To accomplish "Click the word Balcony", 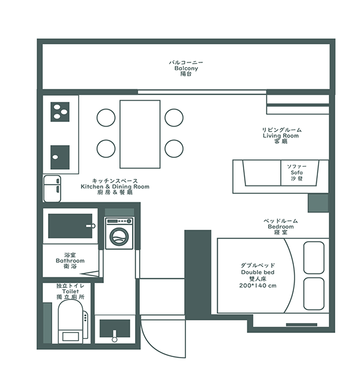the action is point(186,68).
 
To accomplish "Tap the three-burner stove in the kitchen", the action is point(60,112).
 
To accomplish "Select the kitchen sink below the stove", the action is point(60,157).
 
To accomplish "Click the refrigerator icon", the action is point(52,188).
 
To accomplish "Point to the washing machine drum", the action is point(119,236).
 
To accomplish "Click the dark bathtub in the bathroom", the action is point(70,226).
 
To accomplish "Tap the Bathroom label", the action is point(70,260).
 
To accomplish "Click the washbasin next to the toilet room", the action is point(115,329).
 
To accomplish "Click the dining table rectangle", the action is point(140,134).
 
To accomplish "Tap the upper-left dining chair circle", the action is point(106,118).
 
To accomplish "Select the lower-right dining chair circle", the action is point(174,148).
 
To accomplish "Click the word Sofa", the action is point(297,172).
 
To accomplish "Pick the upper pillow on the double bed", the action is point(314,257).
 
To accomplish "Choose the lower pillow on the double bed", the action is point(314,294).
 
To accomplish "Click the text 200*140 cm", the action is point(258,286).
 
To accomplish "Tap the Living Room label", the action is point(281,136).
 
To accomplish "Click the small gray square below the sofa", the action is point(318,203).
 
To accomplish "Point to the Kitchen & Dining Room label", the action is point(115,187).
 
